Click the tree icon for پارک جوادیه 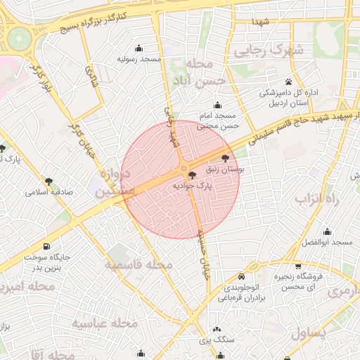[193, 175]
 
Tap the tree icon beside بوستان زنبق [225, 159]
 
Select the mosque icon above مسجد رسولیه [139, 49]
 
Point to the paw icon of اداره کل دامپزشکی [290, 82]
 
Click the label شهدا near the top [261, 22]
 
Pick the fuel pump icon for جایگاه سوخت [46, 246]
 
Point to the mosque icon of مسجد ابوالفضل [327, 231]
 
